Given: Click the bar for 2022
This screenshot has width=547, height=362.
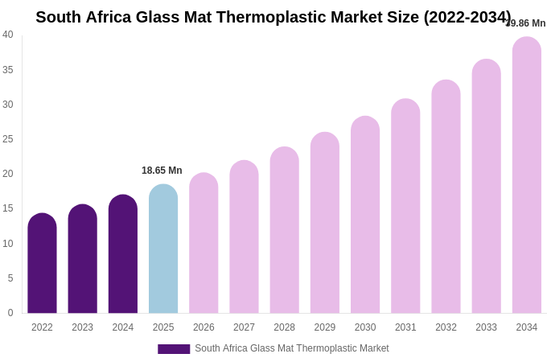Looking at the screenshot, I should click(42, 263).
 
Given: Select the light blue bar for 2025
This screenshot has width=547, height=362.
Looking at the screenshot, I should click(163, 249).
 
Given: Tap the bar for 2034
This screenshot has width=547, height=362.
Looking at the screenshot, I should click(527, 175).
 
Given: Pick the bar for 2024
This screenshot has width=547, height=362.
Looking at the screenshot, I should click(123, 253).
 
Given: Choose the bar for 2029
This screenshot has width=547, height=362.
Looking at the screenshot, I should click(325, 223).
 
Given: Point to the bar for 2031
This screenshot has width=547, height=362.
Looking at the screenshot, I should click(405, 206).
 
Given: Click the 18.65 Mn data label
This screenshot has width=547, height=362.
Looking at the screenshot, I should click(162, 171).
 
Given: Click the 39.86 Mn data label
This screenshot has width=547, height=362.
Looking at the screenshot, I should click(526, 23).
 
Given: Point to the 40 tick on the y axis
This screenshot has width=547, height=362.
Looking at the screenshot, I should click(8, 35).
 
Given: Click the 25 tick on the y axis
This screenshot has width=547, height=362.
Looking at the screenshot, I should click(8, 139).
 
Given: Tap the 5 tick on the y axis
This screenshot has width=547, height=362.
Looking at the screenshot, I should click(10, 278).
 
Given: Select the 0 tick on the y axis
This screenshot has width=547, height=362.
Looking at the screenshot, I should click(10, 313).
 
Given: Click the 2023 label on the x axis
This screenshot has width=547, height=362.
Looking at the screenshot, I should click(83, 327).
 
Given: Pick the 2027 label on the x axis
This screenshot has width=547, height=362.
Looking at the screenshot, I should click(244, 327).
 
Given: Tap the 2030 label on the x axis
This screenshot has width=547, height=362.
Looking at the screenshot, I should click(365, 327).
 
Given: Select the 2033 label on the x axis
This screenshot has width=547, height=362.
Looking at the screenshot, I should click(486, 327).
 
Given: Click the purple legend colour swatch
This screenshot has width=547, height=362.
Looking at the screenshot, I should click(174, 349).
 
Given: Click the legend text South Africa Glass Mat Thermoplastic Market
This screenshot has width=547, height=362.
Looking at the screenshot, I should click(292, 348).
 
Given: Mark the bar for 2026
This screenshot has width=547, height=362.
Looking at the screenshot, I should click(204, 243).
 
